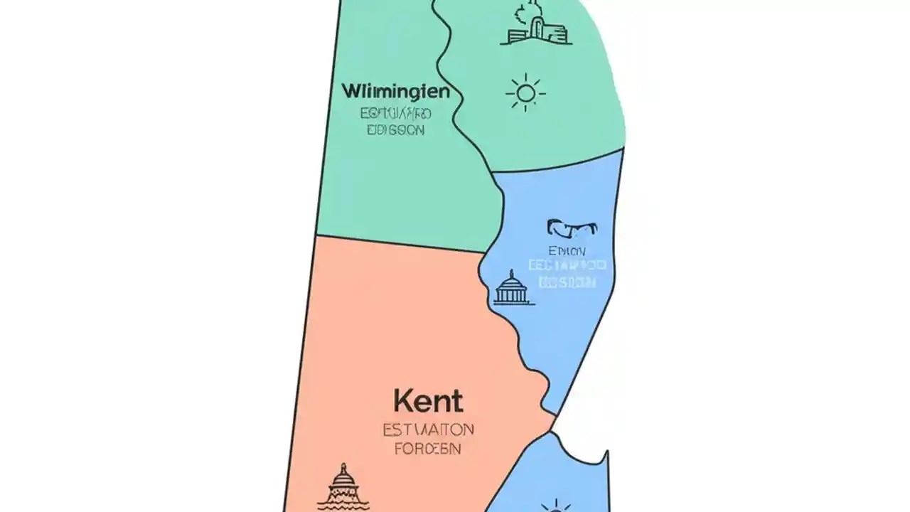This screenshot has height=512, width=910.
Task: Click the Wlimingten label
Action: [395, 92]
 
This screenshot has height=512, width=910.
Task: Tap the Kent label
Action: [427, 402]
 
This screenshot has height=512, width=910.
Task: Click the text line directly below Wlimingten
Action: [395, 113]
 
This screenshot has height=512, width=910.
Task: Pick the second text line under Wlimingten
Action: [395, 130]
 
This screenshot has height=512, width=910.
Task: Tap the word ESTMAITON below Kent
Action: [427, 430]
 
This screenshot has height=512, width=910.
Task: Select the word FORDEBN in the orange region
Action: [427, 449]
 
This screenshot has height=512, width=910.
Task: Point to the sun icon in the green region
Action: [525, 92]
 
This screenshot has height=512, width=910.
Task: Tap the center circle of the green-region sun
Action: [525, 92]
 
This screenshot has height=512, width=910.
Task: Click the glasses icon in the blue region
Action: [572, 228]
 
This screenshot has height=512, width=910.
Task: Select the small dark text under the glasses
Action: [567, 251]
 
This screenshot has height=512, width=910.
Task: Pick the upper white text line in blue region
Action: [567, 266]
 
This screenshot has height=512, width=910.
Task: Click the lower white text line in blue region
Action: [567, 282]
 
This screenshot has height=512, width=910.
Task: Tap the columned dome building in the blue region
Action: [512, 288]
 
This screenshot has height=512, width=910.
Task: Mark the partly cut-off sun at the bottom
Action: [555, 506]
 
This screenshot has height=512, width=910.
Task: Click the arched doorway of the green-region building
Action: [538, 31]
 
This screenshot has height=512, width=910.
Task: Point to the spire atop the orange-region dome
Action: [344, 467]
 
